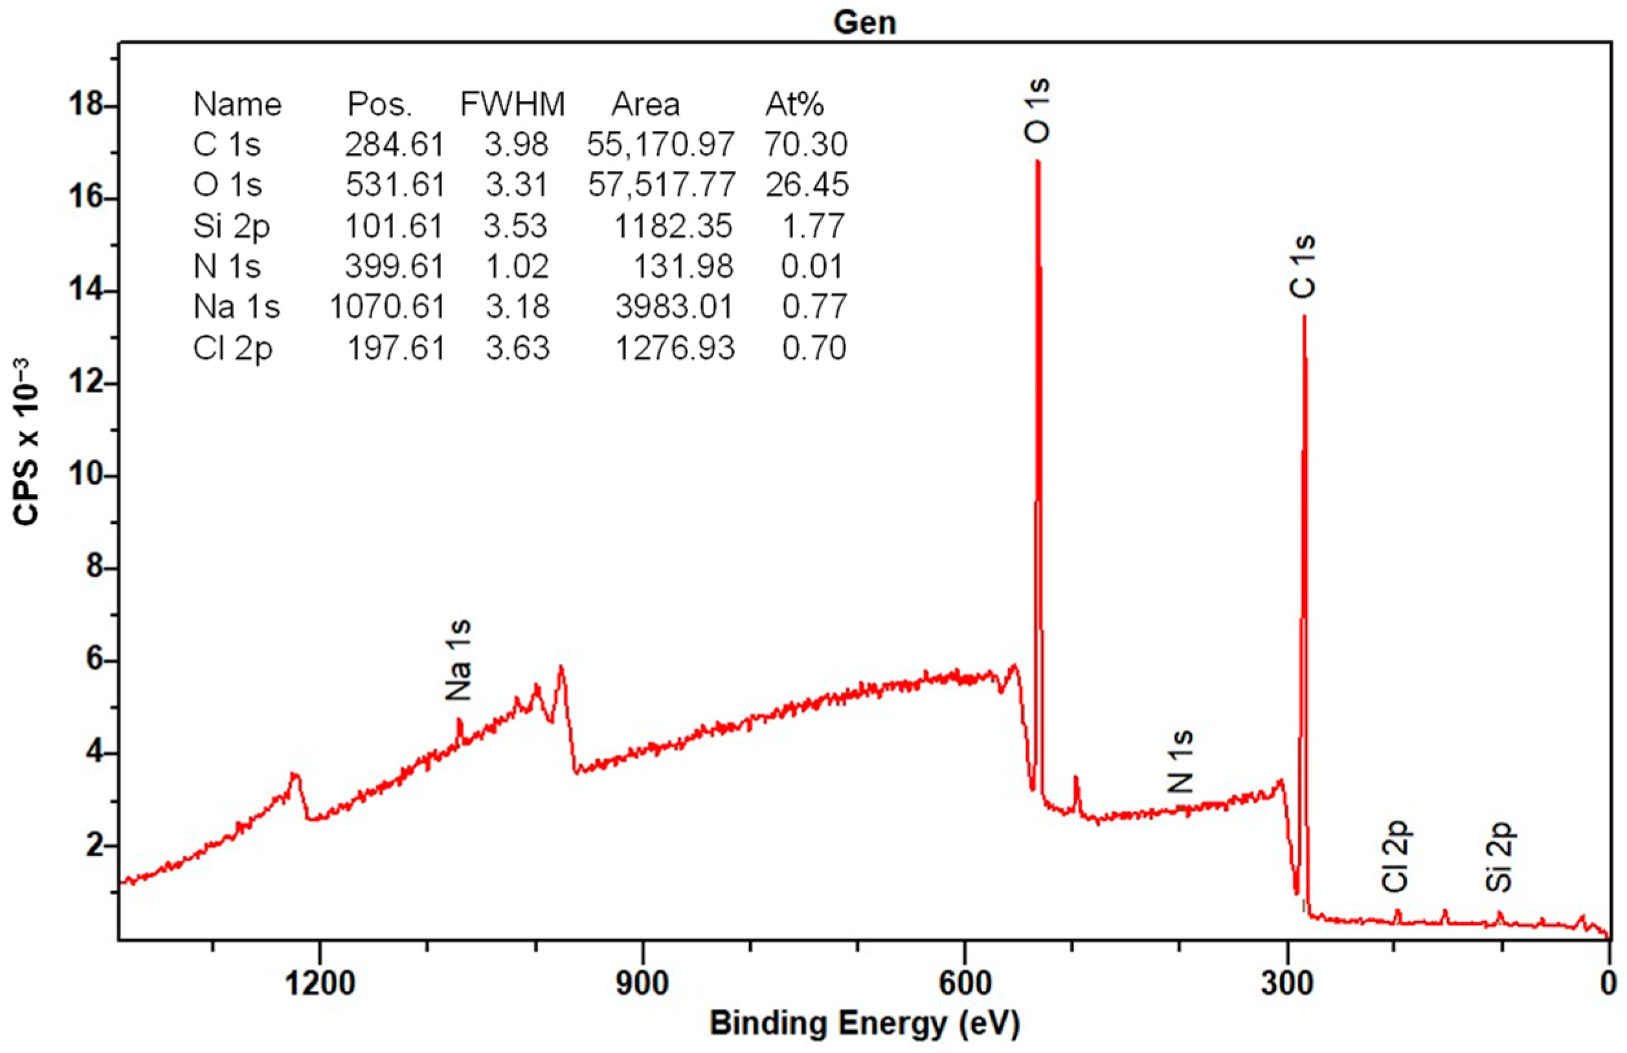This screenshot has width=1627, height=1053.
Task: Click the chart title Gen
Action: point(864,22)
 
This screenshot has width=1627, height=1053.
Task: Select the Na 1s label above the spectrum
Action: point(458,660)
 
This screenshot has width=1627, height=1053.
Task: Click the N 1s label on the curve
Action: point(1181,762)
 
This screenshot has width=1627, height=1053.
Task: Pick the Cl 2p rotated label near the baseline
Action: point(1395,856)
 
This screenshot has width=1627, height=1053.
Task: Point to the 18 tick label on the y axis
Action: point(85,106)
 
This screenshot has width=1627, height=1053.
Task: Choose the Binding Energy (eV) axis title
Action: point(864,1024)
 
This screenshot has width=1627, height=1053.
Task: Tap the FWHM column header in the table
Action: point(512,105)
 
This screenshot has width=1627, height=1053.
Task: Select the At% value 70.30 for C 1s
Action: point(806,144)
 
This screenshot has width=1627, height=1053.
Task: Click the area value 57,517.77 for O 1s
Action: point(661,185)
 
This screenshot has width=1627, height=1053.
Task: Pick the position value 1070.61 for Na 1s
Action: point(387,306)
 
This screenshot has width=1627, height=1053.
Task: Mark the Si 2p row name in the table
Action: point(231,225)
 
